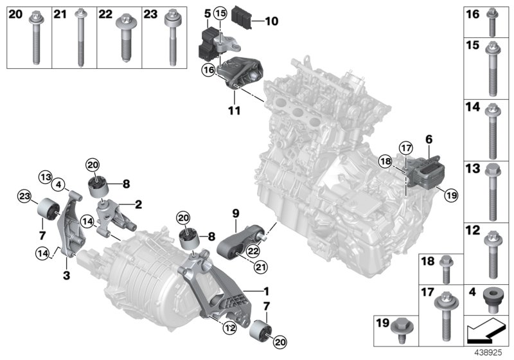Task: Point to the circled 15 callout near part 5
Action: click(220, 14)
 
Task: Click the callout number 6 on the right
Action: click(428, 138)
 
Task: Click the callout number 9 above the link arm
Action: click(235, 212)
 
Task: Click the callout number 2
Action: click(138, 205)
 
